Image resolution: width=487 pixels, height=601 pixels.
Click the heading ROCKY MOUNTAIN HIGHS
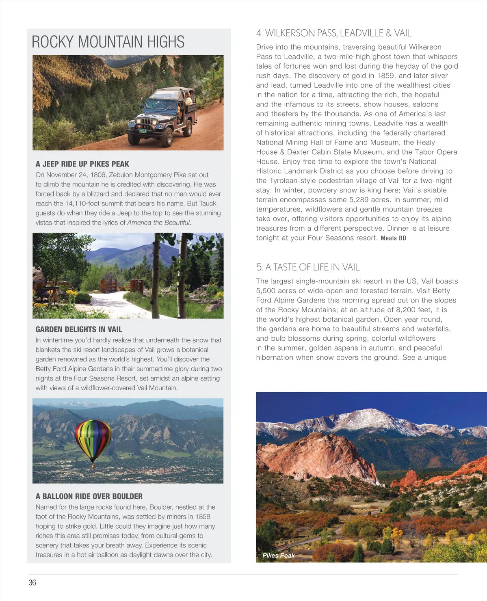(108, 42)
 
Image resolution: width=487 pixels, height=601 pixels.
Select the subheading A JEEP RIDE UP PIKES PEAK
(82, 164)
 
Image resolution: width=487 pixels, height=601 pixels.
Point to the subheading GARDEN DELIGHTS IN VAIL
(79, 329)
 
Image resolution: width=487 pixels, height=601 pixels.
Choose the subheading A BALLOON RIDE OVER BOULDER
(89, 496)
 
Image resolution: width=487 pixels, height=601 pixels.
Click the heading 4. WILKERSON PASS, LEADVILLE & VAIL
(333, 33)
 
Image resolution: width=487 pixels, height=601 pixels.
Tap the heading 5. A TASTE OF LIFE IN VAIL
(307, 267)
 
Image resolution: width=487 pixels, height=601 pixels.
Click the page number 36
(32, 582)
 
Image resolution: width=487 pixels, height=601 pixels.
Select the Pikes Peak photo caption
(278, 556)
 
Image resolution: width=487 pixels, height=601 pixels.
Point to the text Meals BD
(393, 238)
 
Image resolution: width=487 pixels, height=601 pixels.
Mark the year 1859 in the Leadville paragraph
(385, 76)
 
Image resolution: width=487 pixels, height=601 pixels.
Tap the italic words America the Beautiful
(158, 223)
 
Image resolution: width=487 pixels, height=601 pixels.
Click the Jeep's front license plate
(143, 131)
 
